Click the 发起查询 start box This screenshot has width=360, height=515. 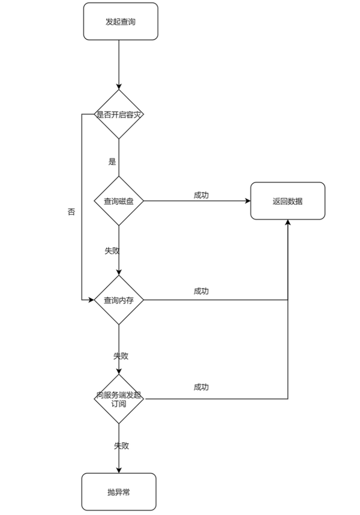point(121,22)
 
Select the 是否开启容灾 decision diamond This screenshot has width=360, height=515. point(119,114)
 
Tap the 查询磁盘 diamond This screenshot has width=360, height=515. point(119,201)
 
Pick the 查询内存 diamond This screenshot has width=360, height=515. point(119,300)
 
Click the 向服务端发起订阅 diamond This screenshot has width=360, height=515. point(119,399)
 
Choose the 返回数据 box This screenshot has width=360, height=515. point(288,201)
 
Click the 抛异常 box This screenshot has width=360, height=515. point(119,492)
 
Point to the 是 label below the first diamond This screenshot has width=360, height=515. point(112,161)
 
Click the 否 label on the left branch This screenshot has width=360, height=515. point(71,211)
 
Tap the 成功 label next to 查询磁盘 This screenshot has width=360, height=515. point(201,195)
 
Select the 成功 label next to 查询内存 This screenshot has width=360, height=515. point(201,291)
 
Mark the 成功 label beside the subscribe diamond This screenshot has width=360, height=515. point(201,387)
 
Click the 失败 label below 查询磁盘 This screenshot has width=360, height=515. point(112,251)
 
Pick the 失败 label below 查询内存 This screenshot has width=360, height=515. point(121,356)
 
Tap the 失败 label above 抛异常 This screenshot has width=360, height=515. point(121,446)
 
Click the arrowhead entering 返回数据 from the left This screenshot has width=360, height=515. point(248,201)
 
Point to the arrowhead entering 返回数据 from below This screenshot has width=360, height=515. point(288,222)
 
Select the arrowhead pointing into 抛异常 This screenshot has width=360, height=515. point(119,471)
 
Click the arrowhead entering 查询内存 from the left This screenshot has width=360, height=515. point(91,300)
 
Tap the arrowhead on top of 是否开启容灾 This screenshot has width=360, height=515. point(119,86)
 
